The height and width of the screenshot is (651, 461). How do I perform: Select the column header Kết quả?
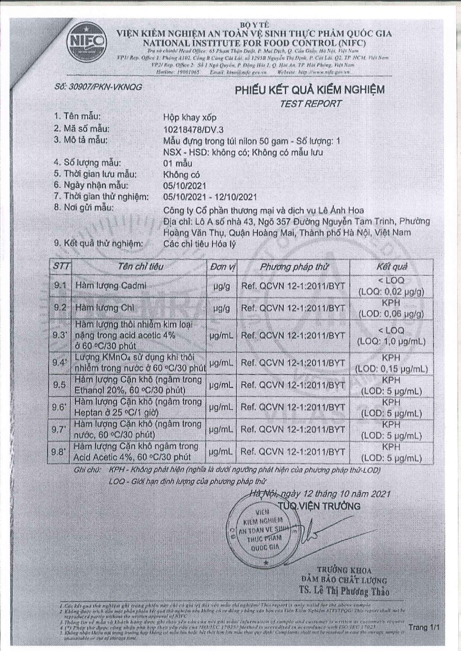coord(392,267)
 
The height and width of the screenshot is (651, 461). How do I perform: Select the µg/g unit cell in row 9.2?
coord(222,308)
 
